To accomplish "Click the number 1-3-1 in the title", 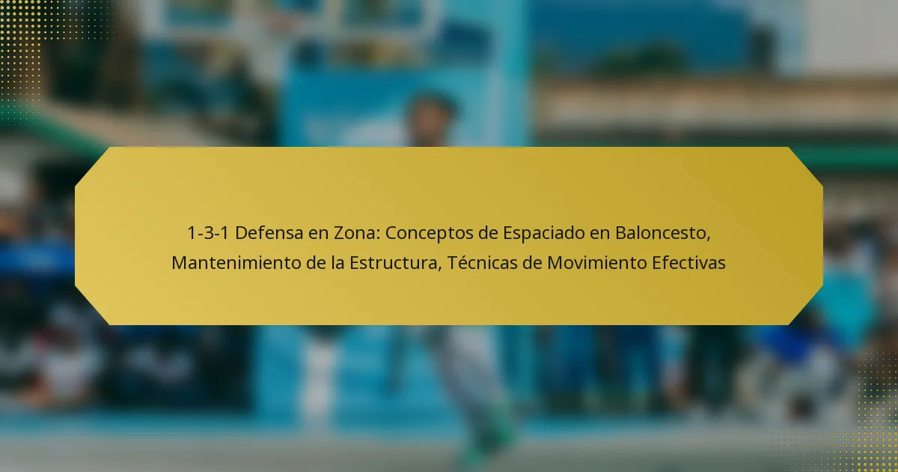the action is [208, 233].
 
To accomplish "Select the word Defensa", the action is [269, 233].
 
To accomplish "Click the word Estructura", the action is [396, 264].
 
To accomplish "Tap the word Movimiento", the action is [597, 263].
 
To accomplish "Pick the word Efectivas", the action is [688, 263].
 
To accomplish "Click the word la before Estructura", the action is [337, 263].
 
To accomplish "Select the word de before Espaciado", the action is [487, 233].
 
